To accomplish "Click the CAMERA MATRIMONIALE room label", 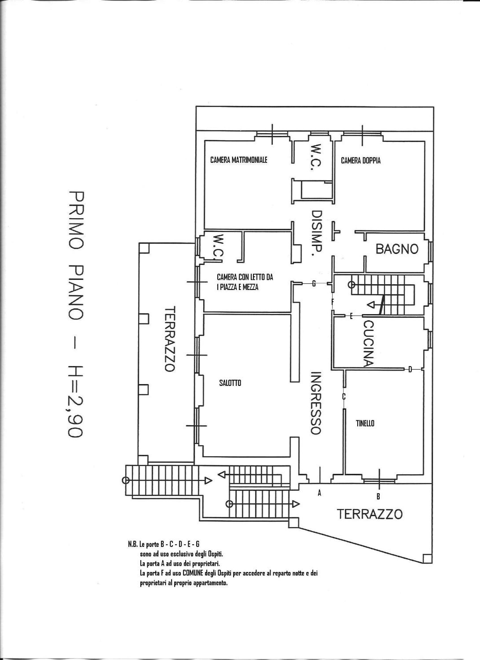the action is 239,160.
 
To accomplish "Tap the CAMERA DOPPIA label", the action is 361,160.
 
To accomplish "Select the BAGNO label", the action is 397,249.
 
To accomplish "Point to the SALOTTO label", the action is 230,383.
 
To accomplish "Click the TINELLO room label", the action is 365,423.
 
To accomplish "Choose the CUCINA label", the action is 368,343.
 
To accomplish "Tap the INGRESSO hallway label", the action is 315,403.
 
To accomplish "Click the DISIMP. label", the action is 316,233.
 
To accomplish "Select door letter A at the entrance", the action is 319,493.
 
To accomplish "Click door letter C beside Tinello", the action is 344,396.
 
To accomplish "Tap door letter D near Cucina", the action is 410,370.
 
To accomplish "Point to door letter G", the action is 314,283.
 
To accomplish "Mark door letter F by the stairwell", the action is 333,302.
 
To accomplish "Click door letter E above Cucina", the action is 351,316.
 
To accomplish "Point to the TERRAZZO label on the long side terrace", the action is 169,338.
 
